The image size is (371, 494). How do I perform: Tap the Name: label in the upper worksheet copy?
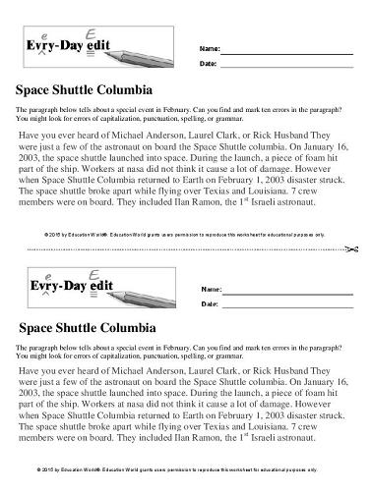coord(209,48)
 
